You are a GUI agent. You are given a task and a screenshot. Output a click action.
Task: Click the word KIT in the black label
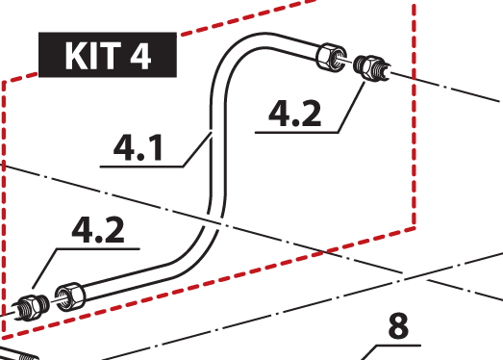[93, 56]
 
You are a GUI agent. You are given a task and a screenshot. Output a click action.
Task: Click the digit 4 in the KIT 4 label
[140, 56]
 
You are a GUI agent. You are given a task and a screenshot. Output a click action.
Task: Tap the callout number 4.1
[138, 147]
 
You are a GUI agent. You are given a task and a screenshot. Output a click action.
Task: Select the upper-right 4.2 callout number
[295, 113]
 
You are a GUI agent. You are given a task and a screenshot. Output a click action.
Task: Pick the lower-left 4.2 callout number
[98, 230]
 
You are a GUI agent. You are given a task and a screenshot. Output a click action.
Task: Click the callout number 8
[398, 326]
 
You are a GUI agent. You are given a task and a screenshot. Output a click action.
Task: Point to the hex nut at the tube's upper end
[331, 57]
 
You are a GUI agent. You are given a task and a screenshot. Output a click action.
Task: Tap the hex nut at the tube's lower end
[70, 296]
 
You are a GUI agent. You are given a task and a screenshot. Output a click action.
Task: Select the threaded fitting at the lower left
[32, 308]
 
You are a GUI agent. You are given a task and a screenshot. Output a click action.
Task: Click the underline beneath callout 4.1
[141, 167]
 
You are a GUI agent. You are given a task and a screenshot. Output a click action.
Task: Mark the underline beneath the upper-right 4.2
[297, 132]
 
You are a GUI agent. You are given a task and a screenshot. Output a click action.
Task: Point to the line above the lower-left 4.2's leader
[98, 248]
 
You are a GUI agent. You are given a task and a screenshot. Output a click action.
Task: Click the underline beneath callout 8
[398, 346]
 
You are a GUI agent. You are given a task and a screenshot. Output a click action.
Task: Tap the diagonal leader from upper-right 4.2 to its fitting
[351, 107]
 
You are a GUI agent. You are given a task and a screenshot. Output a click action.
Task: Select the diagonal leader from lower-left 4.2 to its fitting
[44, 269]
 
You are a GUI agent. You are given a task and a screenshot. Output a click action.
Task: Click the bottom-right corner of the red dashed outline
[415, 228]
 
